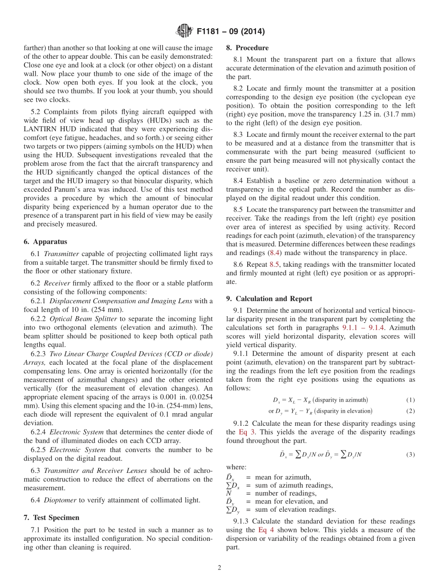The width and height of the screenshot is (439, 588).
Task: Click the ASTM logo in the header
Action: pos(185,31)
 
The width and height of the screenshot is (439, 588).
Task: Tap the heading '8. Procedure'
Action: pos(247,48)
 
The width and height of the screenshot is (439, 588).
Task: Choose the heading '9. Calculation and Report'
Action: pos(269,299)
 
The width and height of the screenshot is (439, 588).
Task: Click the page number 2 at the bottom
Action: pos(219,568)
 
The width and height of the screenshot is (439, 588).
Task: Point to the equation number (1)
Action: pos(410,400)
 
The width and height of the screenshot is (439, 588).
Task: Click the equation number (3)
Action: pos(410,454)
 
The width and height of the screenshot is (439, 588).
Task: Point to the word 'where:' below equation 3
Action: pos(236,467)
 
